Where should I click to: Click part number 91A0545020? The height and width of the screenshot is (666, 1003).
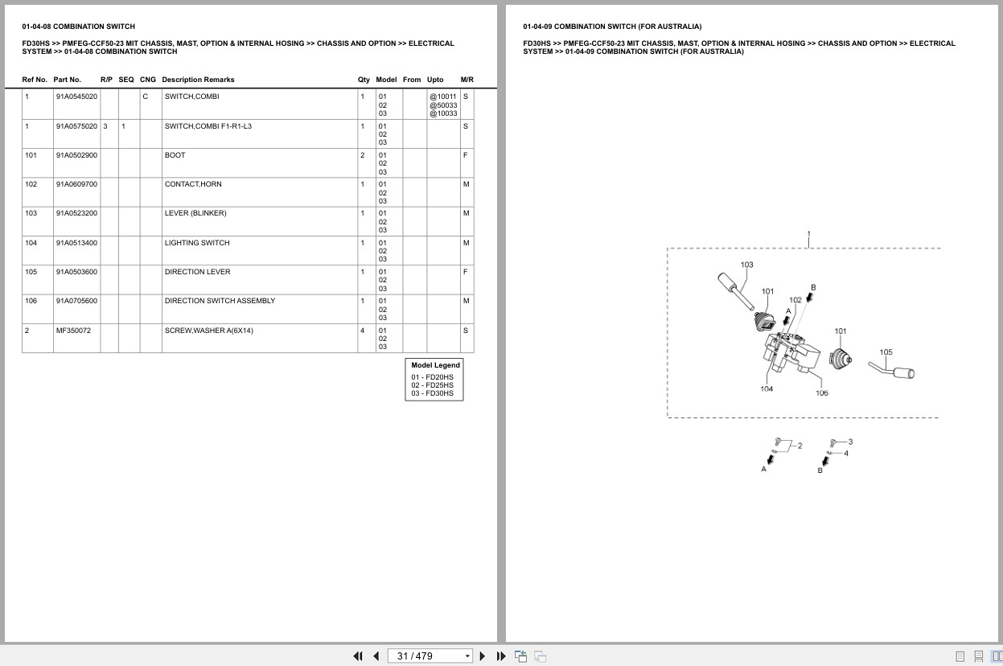coord(76,97)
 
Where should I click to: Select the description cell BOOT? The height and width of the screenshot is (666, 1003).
coord(175,155)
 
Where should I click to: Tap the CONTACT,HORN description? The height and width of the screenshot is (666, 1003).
coord(193,184)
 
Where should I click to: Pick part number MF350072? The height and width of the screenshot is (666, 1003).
coord(73,331)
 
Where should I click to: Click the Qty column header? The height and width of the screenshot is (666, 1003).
coord(364,80)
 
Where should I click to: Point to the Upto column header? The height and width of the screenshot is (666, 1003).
coord(435,80)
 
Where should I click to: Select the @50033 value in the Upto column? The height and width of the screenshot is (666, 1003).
coord(443,105)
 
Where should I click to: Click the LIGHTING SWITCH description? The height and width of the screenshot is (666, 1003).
coord(197,243)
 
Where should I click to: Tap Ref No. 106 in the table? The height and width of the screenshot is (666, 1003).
coord(31,301)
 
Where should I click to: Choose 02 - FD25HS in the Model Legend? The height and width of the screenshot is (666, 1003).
coord(432,385)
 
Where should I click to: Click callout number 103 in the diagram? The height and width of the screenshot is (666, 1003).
coord(746,265)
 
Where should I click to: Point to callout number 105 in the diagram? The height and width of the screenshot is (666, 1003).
coord(886,352)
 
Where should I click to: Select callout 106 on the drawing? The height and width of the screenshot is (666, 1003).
coord(822,393)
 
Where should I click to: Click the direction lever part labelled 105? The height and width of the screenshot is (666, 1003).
coord(894,370)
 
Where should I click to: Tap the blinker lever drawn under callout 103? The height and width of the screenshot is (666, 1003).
coord(735,290)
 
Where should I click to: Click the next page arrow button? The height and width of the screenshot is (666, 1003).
coord(483,656)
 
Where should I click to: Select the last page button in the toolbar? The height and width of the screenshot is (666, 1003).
coord(501,656)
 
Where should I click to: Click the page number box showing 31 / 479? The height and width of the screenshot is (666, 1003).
coord(430,656)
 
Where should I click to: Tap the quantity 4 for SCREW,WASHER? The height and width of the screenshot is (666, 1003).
coord(362,331)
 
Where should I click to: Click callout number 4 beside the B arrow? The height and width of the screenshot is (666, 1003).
coord(846,454)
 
